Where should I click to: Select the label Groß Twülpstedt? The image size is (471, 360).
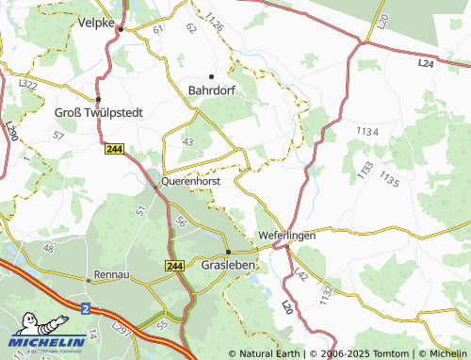(x=99, y=112)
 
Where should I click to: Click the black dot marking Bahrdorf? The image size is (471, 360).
(x=212, y=75)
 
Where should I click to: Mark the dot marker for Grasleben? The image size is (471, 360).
(x=227, y=252)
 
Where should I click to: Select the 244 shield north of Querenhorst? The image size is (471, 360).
(x=115, y=149)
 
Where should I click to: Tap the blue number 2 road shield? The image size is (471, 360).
(x=85, y=308)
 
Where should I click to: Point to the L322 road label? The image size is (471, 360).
(x=26, y=85)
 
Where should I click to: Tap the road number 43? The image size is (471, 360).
(x=187, y=141)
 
